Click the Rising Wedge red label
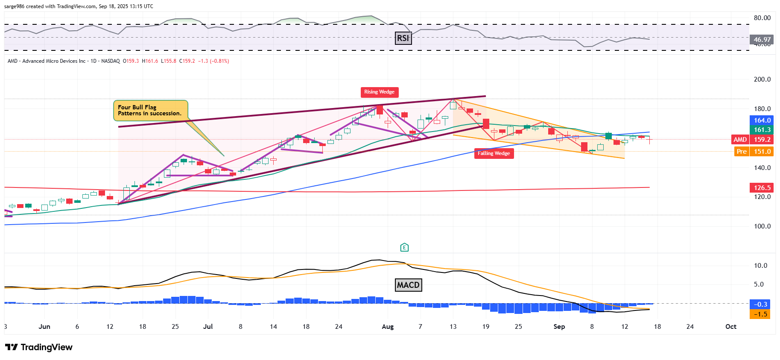pyautogui.click(x=379, y=92)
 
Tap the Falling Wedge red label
pyautogui.click(x=494, y=153)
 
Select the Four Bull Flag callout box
pyautogui.click(x=150, y=110)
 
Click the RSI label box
pyautogui.click(x=403, y=38)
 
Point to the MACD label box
pyautogui.click(x=408, y=285)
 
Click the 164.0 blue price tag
pyautogui.click(x=762, y=120)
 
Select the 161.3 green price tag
pyautogui.click(x=762, y=130)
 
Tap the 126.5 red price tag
pyautogui.click(x=762, y=188)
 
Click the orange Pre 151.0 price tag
pyautogui.click(x=754, y=152)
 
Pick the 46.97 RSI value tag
pyautogui.click(x=762, y=39)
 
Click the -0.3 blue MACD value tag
pyautogui.click(x=760, y=304)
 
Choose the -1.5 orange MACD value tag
pyautogui.click(x=760, y=314)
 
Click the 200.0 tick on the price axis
pyautogui.click(x=762, y=79)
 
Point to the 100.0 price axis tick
pyautogui.click(x=762, y=226)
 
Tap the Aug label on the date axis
pyautogui.click(x=388, y=327)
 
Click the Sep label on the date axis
pyautogui.click(x=559, y=327)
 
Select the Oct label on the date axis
pyautogui.click(x=730, y=327)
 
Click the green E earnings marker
pyautogui.click(x=404, y=247)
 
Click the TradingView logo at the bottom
pyautogui.click(x=39, y=347)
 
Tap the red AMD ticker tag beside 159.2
pyautogui.click(x=740, y=140)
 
